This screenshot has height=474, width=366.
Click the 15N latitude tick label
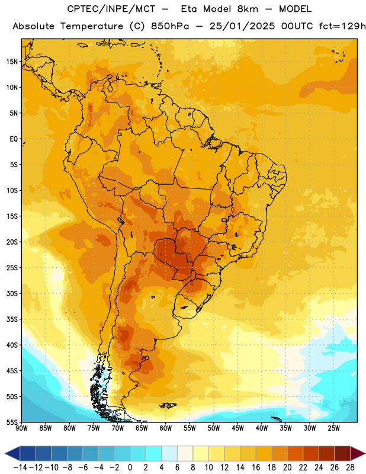(12, 62)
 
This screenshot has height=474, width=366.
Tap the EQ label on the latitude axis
(14, 139)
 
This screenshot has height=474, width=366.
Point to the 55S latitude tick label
(12, 422)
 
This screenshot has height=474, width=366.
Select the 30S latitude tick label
(12, 293)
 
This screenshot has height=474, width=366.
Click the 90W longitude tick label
(22, 428)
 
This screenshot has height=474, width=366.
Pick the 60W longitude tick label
(166, 428)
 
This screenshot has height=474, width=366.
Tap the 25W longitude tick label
(333, 428)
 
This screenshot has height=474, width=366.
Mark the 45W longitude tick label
(237, 428)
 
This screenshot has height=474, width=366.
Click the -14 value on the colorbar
(20, 467)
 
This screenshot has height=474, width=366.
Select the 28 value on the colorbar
(350, 467)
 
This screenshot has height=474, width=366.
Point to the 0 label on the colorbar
(130, 467)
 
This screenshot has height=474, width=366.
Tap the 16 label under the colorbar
(256, 467)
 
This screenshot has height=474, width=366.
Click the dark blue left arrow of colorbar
(12, 453)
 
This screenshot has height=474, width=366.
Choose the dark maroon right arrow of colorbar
(358, 453)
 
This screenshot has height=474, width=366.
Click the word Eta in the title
(189, 9)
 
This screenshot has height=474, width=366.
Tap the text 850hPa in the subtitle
(170, 26)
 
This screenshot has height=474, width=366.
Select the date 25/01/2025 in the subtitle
(242, 26)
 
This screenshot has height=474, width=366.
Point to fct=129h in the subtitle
(342, 26)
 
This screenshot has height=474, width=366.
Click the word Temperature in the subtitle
(92, 27)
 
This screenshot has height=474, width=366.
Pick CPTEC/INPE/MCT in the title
(111, 9)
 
